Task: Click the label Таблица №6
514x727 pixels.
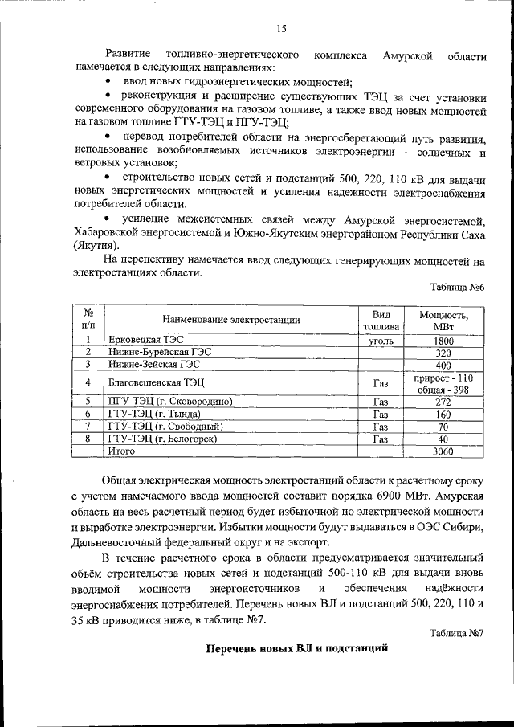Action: (457, 287)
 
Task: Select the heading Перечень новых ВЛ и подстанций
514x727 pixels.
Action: (296, 648)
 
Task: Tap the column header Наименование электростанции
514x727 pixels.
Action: (230, 320)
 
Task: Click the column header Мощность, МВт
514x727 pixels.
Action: (443, 320)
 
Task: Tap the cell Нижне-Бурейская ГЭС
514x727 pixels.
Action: (149, 352)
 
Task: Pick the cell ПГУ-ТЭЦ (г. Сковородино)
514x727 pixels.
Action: (169, 401)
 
